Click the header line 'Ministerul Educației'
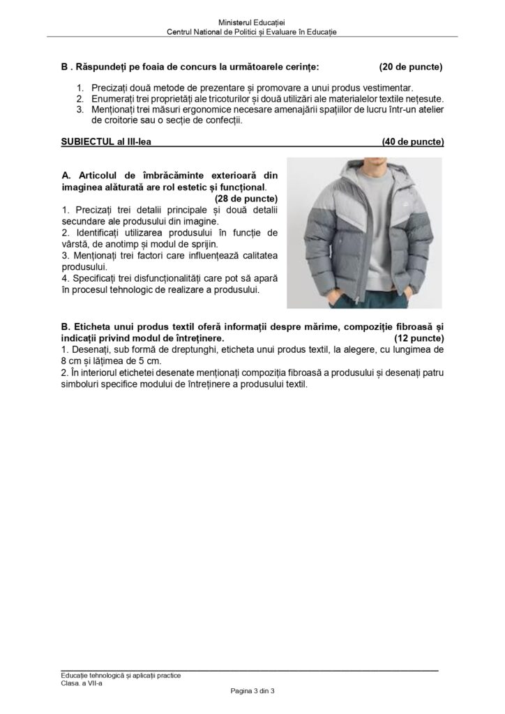coord(252,24)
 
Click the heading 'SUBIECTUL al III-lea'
coord(106,142)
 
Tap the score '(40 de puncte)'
coord(413,142)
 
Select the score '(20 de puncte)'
coord(411,68)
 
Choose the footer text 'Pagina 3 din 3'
coord(252,691)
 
